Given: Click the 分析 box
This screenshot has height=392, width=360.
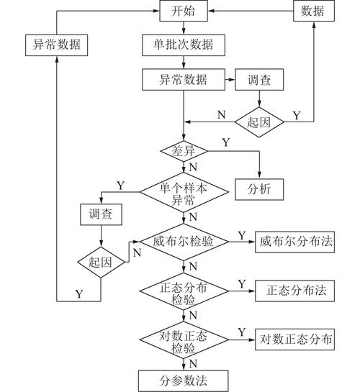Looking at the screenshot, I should tap(258, 190).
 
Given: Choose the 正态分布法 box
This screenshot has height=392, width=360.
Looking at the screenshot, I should tap(297, 291).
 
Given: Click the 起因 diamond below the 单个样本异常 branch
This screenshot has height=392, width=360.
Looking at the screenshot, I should tap(100, 263).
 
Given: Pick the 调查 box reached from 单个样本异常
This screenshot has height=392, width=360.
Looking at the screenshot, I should tap(100, 214).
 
